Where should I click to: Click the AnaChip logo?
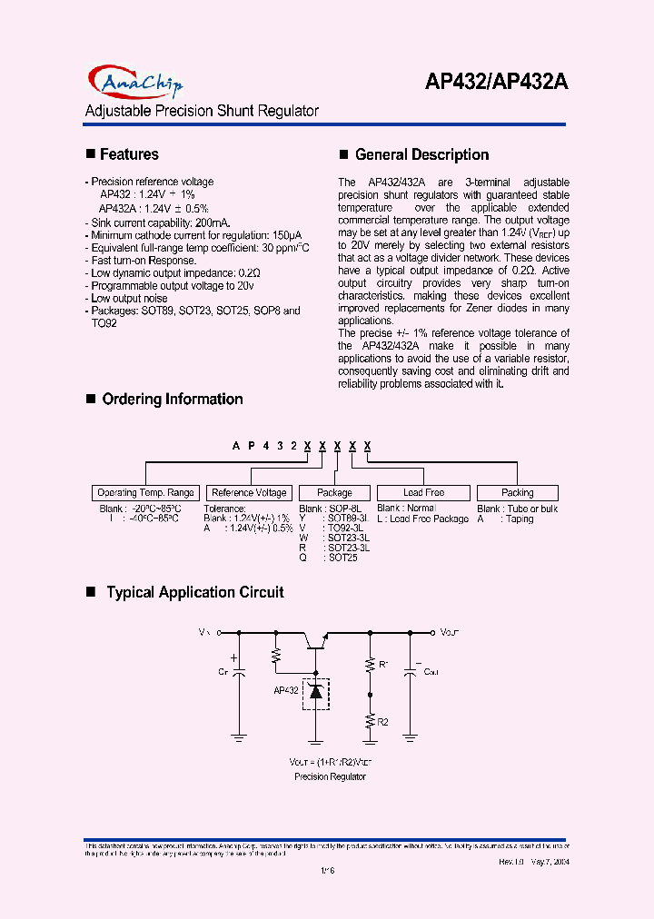point(135,83)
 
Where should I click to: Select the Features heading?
point(129,154)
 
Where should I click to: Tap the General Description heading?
point(421,154)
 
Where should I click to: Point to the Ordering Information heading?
point(172,399)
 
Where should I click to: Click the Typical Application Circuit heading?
point(194,592)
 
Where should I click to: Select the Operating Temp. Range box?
point(145,492)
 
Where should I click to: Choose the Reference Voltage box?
point(249,492)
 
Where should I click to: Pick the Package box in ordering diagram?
point(334,492)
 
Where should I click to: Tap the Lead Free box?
point(423,492)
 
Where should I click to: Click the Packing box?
point(518,492)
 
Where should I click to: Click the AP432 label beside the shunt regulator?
point(286,691)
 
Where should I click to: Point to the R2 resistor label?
point(383,722)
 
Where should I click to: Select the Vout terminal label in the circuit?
point(451,630)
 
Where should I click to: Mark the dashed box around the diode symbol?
point(316,693)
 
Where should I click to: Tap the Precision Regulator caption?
point(330,776)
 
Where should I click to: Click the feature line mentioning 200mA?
point(161,222)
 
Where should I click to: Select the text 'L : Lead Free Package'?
point(423,519)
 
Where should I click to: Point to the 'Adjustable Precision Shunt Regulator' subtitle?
point(202,111)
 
